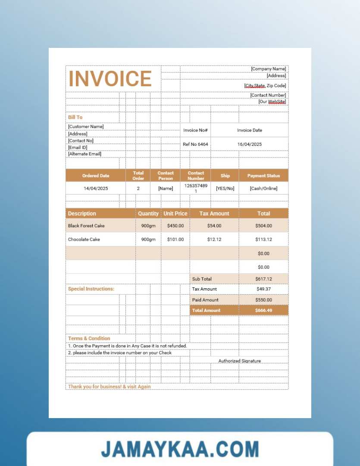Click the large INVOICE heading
pos(110,79)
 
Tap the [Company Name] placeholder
pos(268,69)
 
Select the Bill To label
pos(75,117)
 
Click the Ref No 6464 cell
pos(195,144)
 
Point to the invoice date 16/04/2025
pos(249,144)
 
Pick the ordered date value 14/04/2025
pos(96,189)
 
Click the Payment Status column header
pos(263,176)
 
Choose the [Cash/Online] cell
pos(263,189)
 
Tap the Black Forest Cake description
pos(86,226)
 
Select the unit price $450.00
pos(175,226)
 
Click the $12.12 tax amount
pos(214,239)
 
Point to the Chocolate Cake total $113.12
pos(263,239)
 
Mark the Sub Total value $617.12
pos(263,279)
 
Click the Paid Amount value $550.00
pos(263,300)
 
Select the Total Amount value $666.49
pos(263,310)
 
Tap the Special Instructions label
pos(91,289)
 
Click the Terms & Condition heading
pos(89,339)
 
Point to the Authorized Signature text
pos(239,361)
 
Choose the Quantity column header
pos(148,214)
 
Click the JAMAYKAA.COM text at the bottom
pos(180,449)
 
